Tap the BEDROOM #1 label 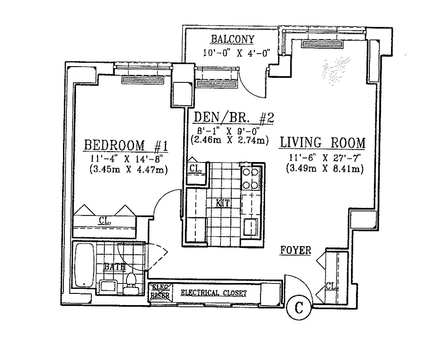pyautogui.click(x=126, y=146)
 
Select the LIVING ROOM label pyautogui.click(x=322, y=143)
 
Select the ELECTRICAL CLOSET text pyautogui.click(x=213, y=293)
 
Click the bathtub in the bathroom pyautogui.click(x=84, y=266)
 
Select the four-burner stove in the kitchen pyautogui.click(x=250, y=178)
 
